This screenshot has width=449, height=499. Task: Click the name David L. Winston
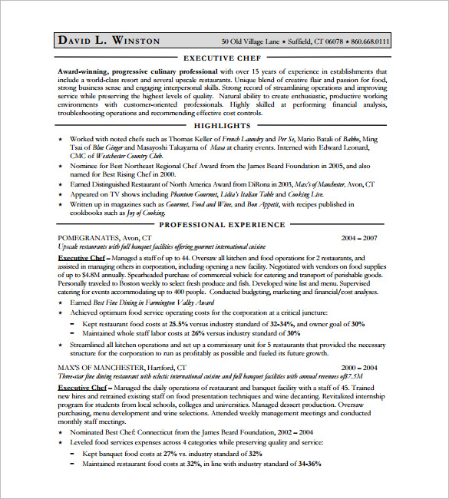click(107, 40)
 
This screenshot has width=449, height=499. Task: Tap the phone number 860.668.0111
click(371, 41)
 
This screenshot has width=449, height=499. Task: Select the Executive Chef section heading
click(223, 58)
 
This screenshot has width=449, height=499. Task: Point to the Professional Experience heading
click(223, 225)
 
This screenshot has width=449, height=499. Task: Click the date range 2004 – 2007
click(361, 238)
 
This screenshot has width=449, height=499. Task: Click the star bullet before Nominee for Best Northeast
click(61, 167)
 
